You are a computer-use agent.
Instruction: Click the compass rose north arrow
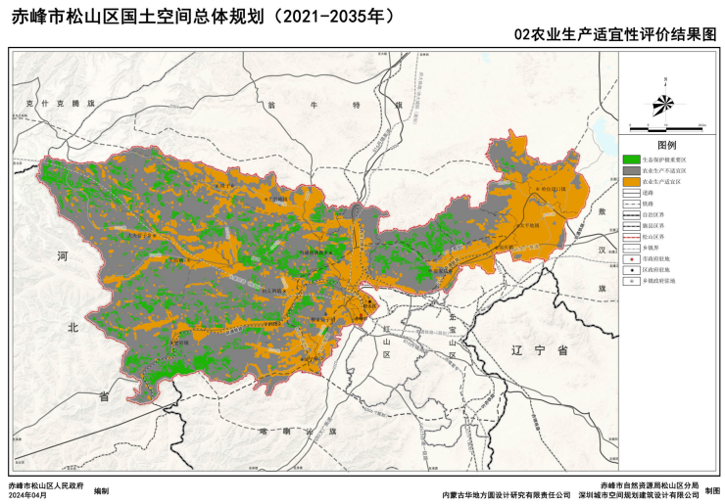(664, 102)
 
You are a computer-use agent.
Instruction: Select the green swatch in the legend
(631, 159)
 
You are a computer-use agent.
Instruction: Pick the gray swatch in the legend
(631, 170)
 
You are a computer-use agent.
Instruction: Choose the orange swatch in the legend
(631, 182)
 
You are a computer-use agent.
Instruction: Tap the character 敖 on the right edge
(604, 211)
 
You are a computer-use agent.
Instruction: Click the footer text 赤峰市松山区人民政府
(45, 486)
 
